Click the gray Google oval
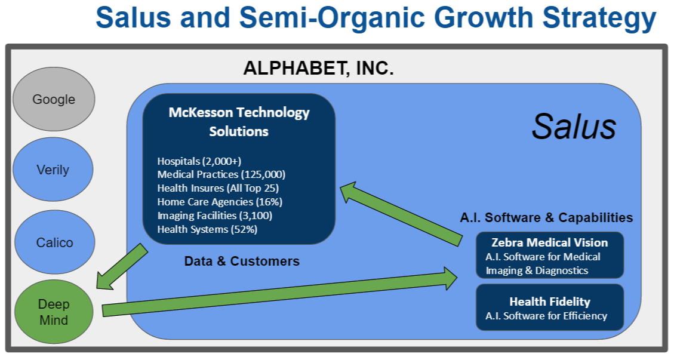click(x=54, y=99)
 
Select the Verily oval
click(x=54, y=170)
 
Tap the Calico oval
click(x=54, y=242)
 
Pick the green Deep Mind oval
click(x=54, y=312)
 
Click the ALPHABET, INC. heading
click(x=318, y=69)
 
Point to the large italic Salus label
click(x=573, y=127)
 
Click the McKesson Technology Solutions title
click(x=239, y=121)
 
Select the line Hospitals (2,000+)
click(x=199, y=161)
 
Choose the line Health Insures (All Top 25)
click(x=218, y=188)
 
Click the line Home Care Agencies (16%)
click(x=220, y=202)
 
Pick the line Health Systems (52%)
click(x=207, y=229)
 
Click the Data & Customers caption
click(x=242, y=261)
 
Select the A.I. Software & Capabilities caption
click(x=546, y=217)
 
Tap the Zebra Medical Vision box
click(x=549, y=256)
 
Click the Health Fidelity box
click(x=549, y=307)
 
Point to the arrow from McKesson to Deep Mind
click(x=122, y=266)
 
